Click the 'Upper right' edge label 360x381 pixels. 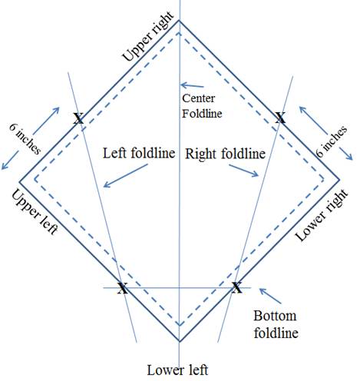148,36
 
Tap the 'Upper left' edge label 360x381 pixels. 35,212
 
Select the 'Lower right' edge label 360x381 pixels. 322,215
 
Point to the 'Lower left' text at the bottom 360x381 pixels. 177,370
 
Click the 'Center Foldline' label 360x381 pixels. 202,106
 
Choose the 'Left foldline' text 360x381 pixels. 139,153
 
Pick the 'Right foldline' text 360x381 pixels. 225,154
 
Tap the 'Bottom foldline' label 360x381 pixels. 276,324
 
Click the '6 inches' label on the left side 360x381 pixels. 25,138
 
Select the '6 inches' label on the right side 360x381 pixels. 332,141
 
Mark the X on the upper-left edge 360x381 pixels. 78,118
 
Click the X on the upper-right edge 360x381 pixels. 280,118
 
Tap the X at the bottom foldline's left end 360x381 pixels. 123,288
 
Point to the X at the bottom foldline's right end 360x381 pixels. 236,288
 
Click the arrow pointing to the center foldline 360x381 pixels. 192,85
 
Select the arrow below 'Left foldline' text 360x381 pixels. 125,176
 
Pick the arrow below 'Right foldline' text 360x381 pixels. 244,171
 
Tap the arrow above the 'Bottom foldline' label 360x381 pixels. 270,296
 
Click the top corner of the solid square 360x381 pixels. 179,20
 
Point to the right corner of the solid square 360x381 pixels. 339,181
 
